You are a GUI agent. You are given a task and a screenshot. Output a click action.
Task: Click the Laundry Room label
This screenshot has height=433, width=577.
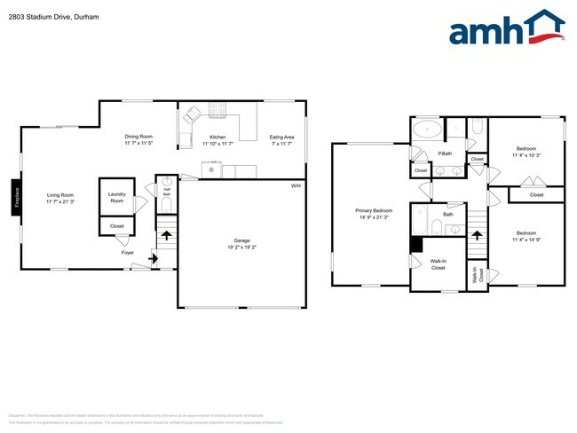pyautogui.click(x=116, y=197)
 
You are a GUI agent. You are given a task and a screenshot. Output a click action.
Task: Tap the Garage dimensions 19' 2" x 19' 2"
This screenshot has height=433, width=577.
pyautogui.click(x=241, y=246)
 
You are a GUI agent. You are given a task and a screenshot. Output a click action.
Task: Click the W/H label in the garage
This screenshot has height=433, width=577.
pyautogui.click(x=296, y=185)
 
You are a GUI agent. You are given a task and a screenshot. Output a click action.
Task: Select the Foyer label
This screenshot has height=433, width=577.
pyautogui.click(x=128, y=252)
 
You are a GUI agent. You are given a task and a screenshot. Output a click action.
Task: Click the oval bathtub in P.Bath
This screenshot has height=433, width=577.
pyautogui.click(x=428, y=130)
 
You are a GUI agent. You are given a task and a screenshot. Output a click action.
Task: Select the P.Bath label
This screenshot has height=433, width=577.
pyautogui.click(x=445, y=154)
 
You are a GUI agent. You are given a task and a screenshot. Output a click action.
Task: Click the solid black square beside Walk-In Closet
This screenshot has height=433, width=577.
pyautogui.click(x=415, y=244)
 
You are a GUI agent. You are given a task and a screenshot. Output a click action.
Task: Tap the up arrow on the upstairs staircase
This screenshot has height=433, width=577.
pyautogui.click(x=478, y=236)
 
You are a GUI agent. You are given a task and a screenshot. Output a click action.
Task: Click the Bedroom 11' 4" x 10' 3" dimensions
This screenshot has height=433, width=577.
pyautogui.click(x=526, y=155)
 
